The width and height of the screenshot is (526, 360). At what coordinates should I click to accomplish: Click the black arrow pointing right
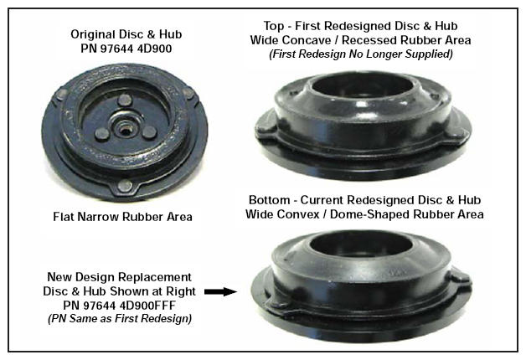(x=220, y=291)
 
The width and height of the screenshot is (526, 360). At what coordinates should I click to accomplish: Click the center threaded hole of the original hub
(x=125, y=128)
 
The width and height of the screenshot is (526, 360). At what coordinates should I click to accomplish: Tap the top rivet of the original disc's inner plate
(x=125, y=100)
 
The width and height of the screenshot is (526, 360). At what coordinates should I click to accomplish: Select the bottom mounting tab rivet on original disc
(x=125, y=185)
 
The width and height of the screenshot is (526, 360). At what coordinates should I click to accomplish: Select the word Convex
(x=299, y=214)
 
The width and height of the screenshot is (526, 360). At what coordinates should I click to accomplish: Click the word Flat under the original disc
(x=64, y=217)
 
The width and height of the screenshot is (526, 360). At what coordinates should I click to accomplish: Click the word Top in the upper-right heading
(x=273, y=26)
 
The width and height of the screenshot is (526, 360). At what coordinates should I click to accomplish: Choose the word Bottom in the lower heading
(x=270, y=200)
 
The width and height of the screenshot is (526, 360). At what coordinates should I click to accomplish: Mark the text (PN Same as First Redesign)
(x=120, y=318)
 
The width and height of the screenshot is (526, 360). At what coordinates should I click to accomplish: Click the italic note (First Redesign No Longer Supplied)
(x=361, y=54)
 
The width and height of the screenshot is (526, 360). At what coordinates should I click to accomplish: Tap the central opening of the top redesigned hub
(x=363, y=86)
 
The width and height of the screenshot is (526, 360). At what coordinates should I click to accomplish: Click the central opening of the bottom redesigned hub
(x=361, y=244)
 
